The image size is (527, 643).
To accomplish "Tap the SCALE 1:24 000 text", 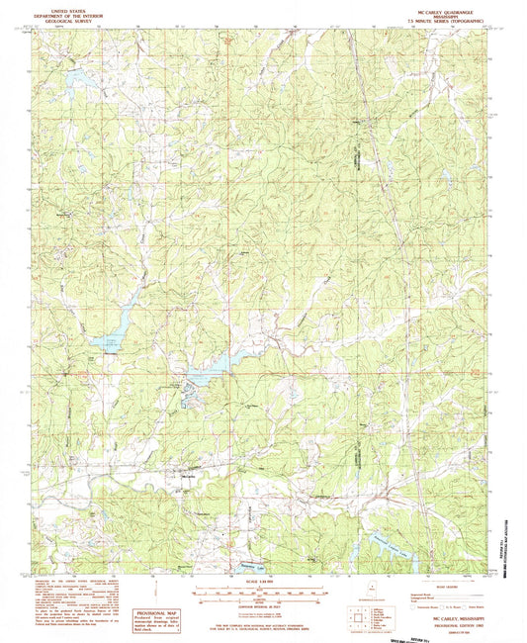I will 259,581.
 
